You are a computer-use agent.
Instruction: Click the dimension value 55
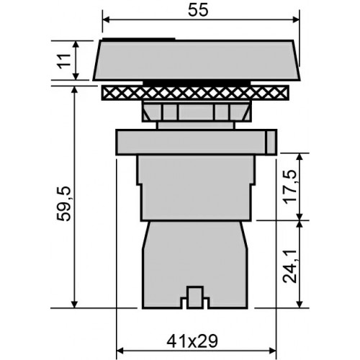click(198, 11)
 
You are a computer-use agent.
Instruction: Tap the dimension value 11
click(64, 61)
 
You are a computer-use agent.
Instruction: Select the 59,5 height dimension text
click(64, 204)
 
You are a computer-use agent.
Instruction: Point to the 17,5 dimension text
click(290, 187)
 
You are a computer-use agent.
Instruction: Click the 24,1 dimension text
click(290, 266)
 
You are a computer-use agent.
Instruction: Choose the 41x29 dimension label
click(192, 341)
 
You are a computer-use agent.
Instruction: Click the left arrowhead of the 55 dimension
click(106, 19)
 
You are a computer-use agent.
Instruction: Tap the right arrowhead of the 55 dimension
click(296, 19)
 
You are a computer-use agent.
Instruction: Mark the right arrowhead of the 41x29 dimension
click(273, 351)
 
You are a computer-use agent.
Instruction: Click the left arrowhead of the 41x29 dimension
click(120, 351)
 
